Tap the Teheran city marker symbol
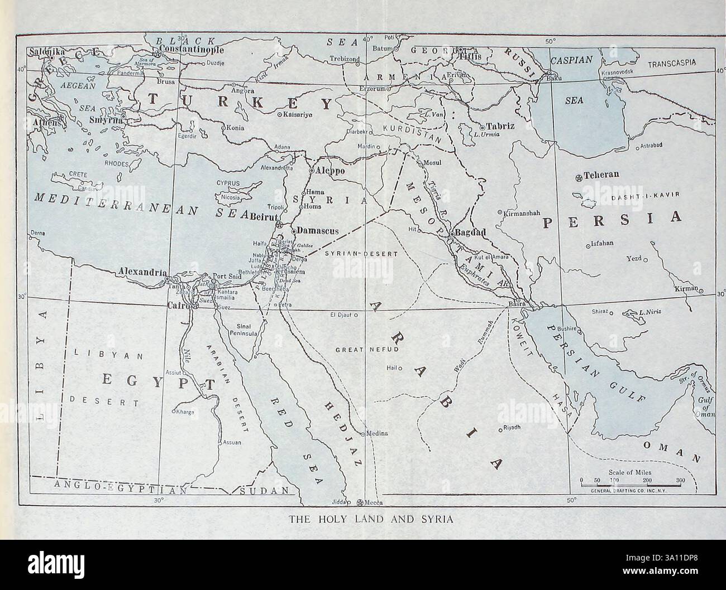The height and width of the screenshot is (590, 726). coord(579,178)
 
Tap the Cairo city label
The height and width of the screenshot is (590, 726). coord(179,305)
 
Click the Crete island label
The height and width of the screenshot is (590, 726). coord(77,175)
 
